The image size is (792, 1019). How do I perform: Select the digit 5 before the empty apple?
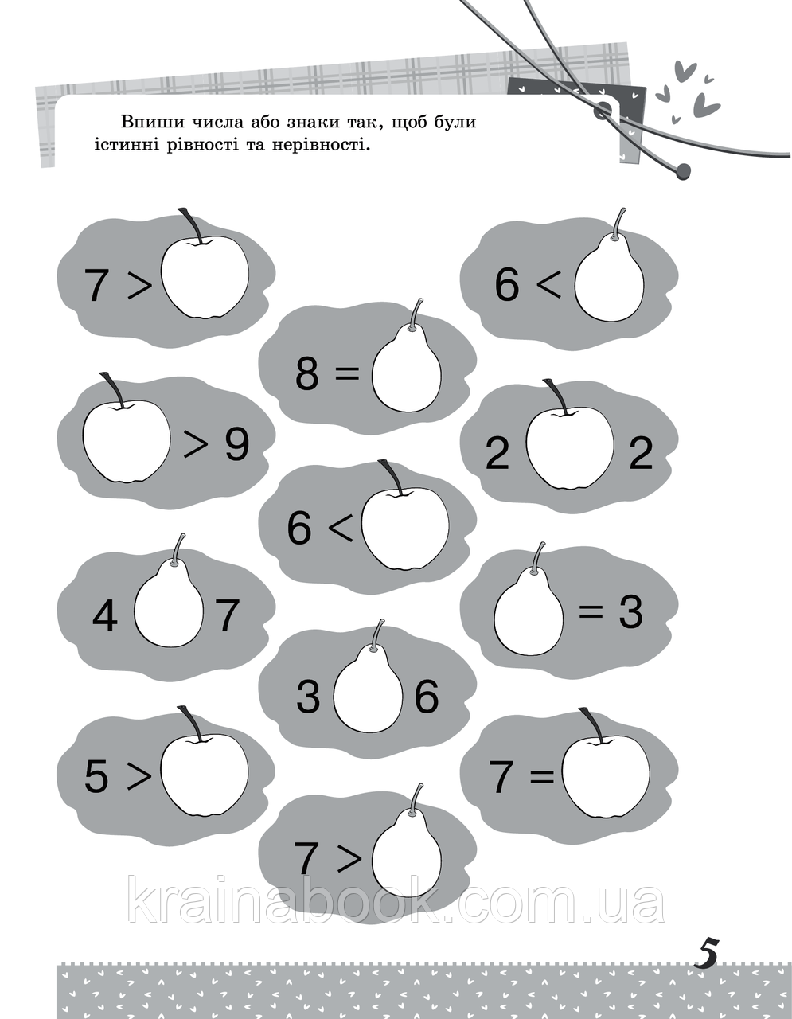point(96,776)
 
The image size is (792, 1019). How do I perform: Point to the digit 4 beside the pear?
point(104,615)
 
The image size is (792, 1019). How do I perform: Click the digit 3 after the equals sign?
point(630,612)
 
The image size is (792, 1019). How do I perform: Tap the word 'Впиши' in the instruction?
point(151,122)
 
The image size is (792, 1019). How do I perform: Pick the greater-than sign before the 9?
point(196,446)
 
